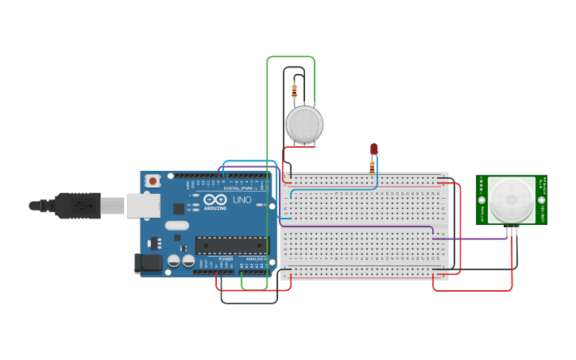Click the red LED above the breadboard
[x=374, y=149]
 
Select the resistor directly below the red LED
[x=372, y=166]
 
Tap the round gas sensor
[x=304, y=124]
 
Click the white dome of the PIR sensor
[x=511, y=200]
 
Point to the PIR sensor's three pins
[x=512, y=230]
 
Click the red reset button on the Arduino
[x=153, y=181]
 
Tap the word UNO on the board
[x=242, y=200]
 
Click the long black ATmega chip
[x=231, y=246]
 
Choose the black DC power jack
[x=147, y=263]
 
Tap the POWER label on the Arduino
[x=226, y=259]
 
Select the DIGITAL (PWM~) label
[x=240, y=188]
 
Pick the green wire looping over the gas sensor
[x=291, y=57]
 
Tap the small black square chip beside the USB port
[x=179, y=209]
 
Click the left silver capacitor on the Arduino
[x=173, y=261]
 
